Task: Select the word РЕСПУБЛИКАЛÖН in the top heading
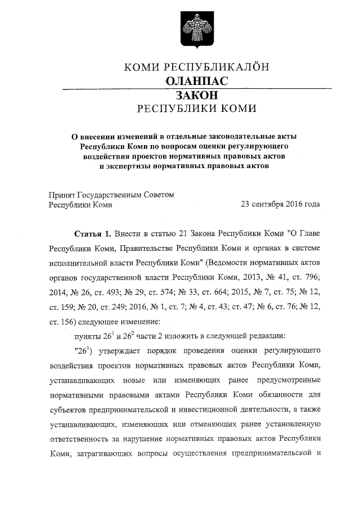click(215, 68)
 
